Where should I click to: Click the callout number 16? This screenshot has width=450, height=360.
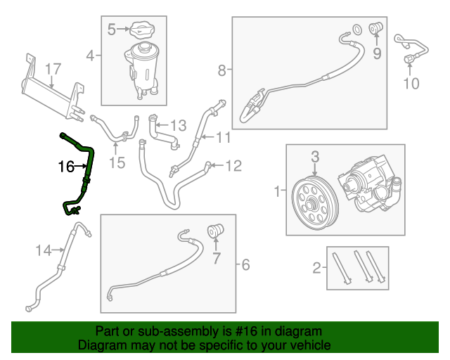pyautogui.click(x=65, y=167)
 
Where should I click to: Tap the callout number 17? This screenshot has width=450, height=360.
pyautogui.click(x=54, y=69)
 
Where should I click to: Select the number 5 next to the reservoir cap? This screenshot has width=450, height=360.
pyautogui.click(x=111, y=30)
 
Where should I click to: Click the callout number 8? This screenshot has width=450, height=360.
pyautogui.click(x=222, y=70)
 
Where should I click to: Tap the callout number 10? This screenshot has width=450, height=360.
pyautogui.click(x=411, y=84)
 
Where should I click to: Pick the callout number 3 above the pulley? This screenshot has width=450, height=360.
pyautogui.click(x=315, y=155)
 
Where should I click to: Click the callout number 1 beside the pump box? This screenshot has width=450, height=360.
pyautogui.click(x=278, y=190)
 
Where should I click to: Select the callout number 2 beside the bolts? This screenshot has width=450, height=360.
pyautogui.click(x=317, y=266)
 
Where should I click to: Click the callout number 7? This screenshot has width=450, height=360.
pyautogui.click(x=216, y=258)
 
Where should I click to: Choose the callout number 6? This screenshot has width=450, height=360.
pyautogui.click(x=245, y=265)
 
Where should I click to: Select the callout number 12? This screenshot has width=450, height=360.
pyautogui.click(x=233, y=166)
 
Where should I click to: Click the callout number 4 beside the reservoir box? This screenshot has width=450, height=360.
pyautogui.click(x=90, y=55)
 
